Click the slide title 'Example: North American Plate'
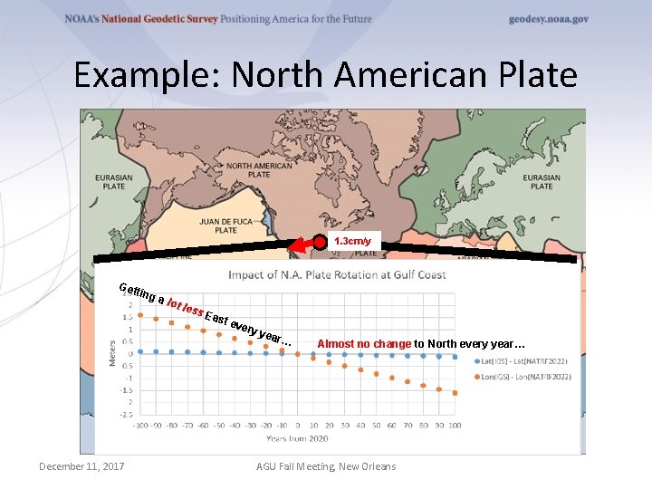(325, 74)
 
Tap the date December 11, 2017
(81, 466)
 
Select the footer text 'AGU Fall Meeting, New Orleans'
(326, 466)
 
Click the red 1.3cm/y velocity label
(352, 242)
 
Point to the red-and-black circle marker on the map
(320, 243)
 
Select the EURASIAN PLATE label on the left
(113, 182)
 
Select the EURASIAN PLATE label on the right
(542, 182)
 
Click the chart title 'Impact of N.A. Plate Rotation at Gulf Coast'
(336, 275)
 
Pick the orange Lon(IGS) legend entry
(520, 376)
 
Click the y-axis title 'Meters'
(112, 354)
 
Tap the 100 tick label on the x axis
(455, 425)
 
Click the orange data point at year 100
(455, 393)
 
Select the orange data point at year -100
(141, 317)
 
